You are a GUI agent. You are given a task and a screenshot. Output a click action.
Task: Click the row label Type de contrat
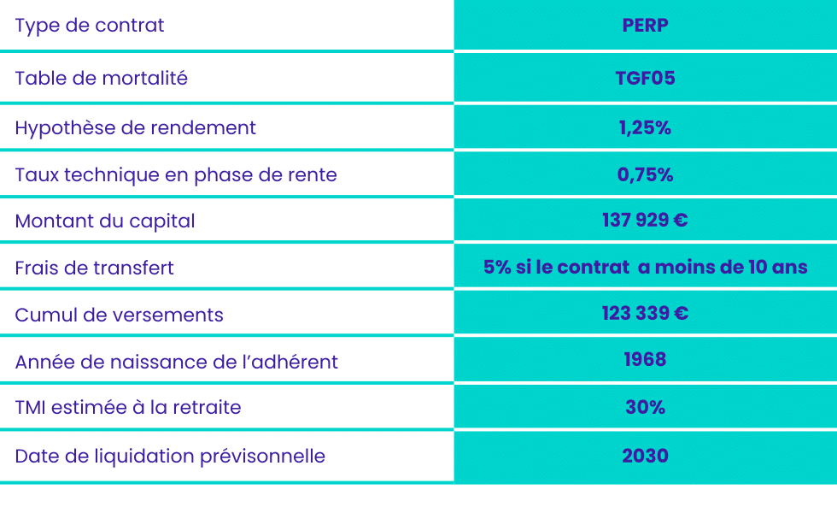coord(90,26)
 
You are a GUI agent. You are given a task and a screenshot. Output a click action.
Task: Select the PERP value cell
coord(645,25)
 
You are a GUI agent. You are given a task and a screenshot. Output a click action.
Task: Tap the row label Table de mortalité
coord(102,78)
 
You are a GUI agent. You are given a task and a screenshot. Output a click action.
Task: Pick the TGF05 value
coord(645,78)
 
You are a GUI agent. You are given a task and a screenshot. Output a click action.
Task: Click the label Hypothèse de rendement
coord(136,128)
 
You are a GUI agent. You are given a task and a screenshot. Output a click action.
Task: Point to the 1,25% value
coord(645,127)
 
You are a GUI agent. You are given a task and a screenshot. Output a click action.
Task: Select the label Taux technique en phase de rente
coord(176,175)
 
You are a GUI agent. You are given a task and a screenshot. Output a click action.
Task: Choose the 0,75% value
coord(645,174)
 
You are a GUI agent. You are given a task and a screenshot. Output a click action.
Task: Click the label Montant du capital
coord(105,221)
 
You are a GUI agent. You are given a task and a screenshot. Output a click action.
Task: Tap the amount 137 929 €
coord(645,221)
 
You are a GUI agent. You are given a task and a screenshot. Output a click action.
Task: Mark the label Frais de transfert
coord(95,268)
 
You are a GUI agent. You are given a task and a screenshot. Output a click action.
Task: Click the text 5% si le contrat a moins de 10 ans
coord(645,267)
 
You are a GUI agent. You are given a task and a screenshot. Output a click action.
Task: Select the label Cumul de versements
coord(119,315)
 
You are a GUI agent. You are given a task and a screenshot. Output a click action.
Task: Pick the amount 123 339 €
coord(645,313)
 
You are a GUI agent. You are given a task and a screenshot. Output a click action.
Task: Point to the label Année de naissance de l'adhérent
coord(176,362)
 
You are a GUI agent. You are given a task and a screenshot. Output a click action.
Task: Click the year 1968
coord(645,360)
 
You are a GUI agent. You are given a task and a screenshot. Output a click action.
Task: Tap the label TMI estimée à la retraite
coord(128,407)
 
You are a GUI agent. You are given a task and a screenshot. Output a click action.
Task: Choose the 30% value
coord(645,407)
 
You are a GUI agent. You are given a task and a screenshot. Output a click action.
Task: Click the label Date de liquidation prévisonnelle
coord(170,457)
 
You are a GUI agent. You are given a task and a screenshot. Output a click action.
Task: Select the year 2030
coord(645,456)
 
